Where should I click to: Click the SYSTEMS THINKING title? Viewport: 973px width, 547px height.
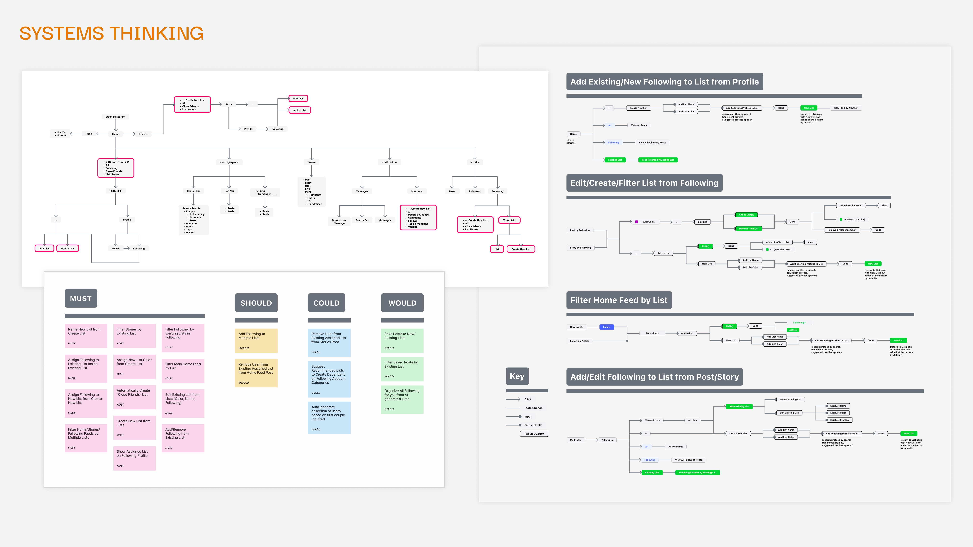(x=111, y=33)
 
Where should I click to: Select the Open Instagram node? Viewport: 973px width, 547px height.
(x=116, y=117)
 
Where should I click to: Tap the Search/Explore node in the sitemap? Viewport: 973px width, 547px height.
(x=229, y=162)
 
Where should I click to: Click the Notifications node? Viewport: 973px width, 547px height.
(x=389, y=162)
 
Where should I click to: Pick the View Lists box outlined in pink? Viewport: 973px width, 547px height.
(x=509, y=220)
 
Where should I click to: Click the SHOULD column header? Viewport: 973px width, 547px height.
(x=256, y=303)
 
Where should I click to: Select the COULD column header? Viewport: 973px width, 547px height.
(x=326, y=303)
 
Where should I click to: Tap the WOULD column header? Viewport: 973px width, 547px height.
(x=402, y=303)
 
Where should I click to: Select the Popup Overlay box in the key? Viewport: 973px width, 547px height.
(x=534, y=434)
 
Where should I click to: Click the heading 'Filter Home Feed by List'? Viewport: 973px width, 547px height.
(x=619, y=300)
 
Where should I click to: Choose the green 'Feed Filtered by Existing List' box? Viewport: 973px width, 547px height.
(x=658, y=160)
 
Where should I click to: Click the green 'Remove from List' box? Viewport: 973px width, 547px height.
(x=748, y=228)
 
